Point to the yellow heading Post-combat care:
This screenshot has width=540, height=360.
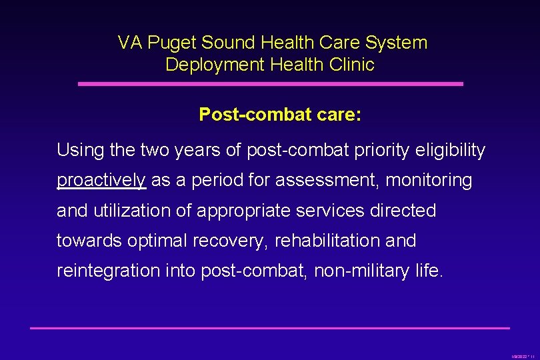(280, 115)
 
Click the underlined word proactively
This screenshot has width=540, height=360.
(101, 181)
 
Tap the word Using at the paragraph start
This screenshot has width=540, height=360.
(79, 151)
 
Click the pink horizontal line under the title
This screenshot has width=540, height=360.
(270, 84)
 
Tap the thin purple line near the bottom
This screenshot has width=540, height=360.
(270, 327)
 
